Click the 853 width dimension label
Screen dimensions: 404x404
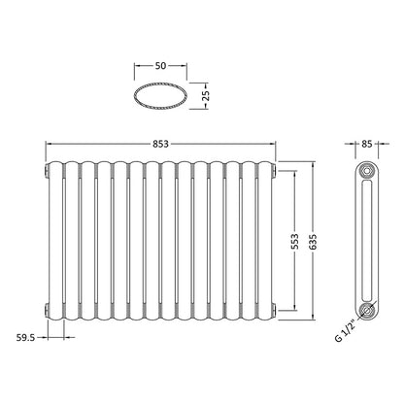click(161, 144)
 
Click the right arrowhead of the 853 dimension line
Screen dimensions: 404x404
click(275, 144)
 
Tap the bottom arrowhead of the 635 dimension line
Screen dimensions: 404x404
click(312, 318)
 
